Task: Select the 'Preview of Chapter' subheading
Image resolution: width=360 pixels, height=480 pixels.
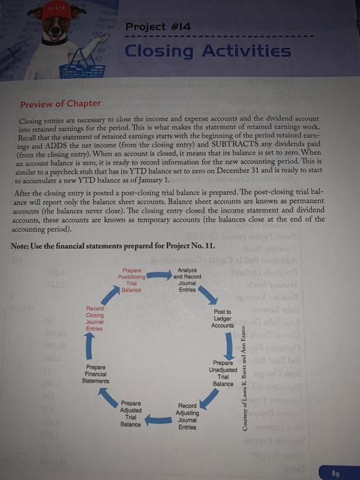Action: click(60, 104)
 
